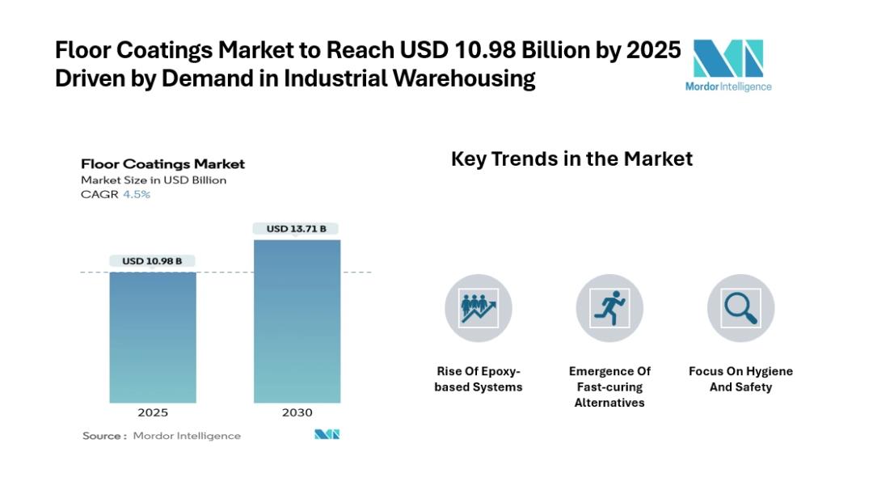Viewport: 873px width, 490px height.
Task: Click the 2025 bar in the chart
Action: (153, 337)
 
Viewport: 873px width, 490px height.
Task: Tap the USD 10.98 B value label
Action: (153, 261)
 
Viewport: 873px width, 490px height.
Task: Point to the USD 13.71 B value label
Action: (297, 229)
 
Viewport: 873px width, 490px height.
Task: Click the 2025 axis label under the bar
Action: (153, 412)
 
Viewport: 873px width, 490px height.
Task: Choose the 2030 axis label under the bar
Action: (297, 412)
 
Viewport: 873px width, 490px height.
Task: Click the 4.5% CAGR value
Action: (137, 195)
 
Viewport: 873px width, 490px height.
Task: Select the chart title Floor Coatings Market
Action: (162, 164)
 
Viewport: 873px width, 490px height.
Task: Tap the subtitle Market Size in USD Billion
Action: (154, 180)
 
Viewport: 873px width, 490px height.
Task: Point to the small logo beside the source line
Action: (327, 435)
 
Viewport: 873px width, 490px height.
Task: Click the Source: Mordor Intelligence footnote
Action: (162, 436)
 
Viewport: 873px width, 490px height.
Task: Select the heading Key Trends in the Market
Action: (571, 158)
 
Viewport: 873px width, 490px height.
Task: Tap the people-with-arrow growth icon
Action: (479, 308)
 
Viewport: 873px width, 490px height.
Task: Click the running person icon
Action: (609, 308)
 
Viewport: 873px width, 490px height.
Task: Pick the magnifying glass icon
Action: (740, 308)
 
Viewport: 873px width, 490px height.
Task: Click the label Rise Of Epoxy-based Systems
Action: (479, 379)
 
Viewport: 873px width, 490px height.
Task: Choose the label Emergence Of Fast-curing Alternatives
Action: (609, 387)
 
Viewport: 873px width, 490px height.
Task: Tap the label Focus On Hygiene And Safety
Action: (740, 379)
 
